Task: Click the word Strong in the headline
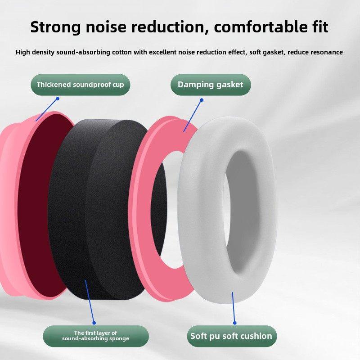(55, 27)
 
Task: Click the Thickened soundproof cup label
(81, 85)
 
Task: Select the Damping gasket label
(211, 85)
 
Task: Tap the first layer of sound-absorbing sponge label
(96, 336)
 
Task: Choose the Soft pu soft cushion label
(232, 336)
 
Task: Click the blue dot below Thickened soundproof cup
(58, 99)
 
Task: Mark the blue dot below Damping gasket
(202, 100)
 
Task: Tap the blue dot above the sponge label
(94, 323)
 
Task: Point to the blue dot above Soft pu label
(234, 323)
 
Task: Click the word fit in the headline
(320, 27)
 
